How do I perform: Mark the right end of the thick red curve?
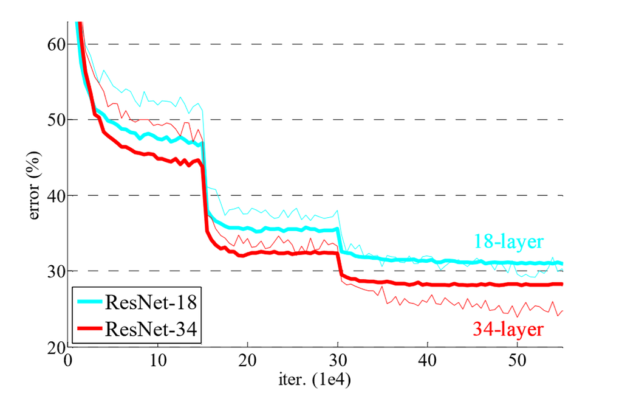pyautogui.click(x=562, y=284)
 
